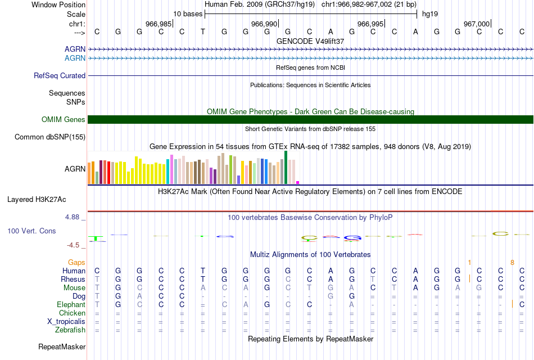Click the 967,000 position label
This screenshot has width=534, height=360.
(477, 24)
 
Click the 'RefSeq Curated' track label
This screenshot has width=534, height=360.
(60, 75)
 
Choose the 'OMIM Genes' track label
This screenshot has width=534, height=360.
(64, 119)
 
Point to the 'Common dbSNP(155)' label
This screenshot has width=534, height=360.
(50, 137)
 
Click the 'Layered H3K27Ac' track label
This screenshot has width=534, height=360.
(37, 199)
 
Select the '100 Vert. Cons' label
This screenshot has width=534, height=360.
(31, 231)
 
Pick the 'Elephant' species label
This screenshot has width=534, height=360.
(71, 304)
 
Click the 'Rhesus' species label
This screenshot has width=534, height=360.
(73, 279)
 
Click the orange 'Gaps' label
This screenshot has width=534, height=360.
(76, 262)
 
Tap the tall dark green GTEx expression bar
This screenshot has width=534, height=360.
(286, 167)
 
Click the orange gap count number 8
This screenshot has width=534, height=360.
(512, 262)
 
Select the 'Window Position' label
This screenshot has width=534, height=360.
(58, 4)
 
